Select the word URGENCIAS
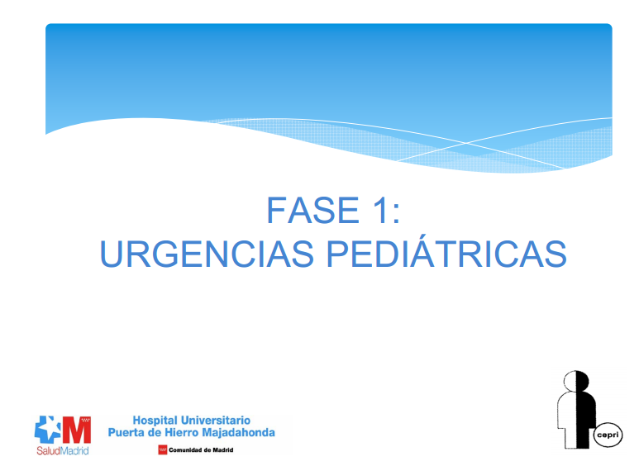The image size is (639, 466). coord(206,254)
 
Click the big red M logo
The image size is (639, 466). coord(77,430)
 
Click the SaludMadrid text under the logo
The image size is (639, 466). coord(62,451)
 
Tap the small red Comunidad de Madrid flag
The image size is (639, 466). coord(162,450)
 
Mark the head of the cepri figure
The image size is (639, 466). coord(575,381)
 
